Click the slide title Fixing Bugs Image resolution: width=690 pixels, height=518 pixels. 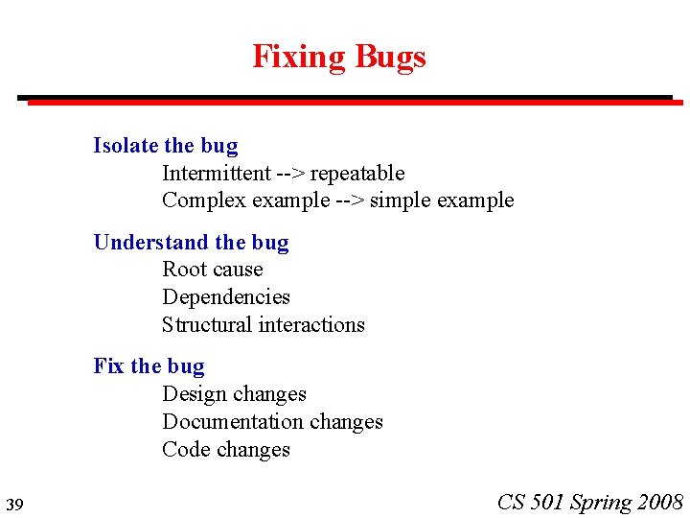[x=338, y=57]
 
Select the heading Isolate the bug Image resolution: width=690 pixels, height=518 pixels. [x=165, y=146]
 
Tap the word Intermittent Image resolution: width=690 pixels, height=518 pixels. [x=217, y=174]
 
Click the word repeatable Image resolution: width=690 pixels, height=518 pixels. [x=357, y=174]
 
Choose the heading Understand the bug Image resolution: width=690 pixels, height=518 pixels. [x=191, y=243]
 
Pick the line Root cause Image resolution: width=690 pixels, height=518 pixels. [x=212, y=270]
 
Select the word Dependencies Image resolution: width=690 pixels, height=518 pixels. [x=226, y=297]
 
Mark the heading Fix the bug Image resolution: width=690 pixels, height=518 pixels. [x=149, y=366]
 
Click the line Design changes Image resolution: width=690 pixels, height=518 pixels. [x=234, y=394]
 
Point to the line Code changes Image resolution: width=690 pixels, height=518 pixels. [x=226, y=450]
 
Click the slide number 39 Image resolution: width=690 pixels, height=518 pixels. [x=13, y=505]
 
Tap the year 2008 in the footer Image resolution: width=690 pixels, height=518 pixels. [x=659, y=502]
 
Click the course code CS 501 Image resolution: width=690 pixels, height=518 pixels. [x=531, y=502]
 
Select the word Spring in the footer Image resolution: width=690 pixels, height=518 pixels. [x=601, y=503]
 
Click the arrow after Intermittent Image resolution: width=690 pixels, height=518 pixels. [x=290, y=174]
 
